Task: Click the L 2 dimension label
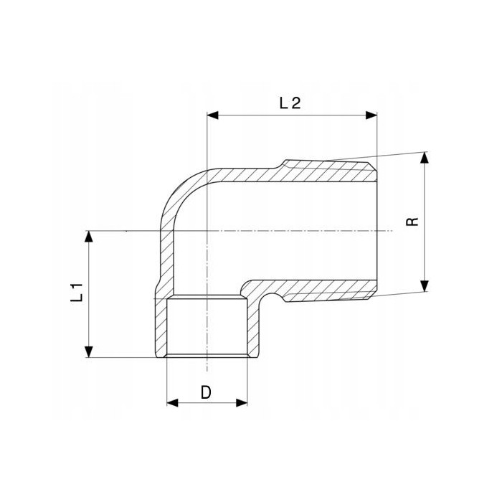coord(290,103)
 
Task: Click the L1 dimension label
coord(77,293)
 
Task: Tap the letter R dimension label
coord(412,222)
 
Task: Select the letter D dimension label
coord(207,392)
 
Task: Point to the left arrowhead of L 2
coord(213,115)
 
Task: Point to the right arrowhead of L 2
coord(371,115)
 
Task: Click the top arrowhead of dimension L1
coord(89,236)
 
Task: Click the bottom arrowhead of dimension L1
coord(89,351)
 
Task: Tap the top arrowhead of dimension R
coord(425,158)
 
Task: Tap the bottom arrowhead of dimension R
coord(425,286)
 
